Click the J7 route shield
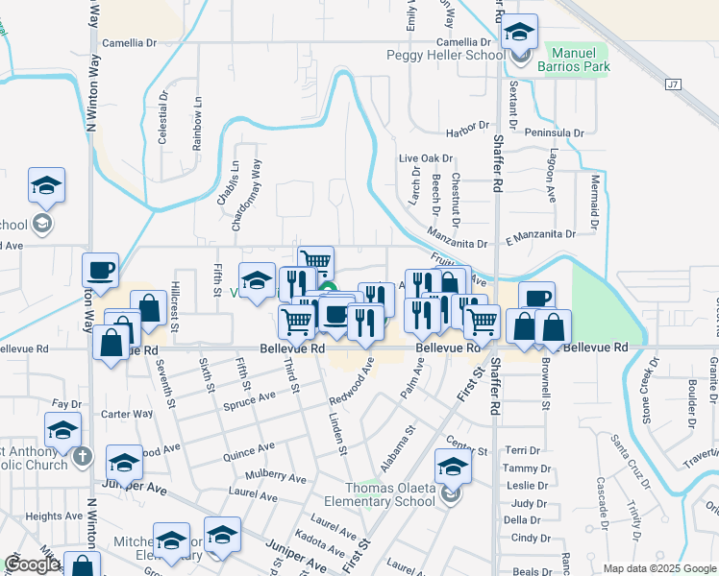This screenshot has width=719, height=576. (x=672, y=84)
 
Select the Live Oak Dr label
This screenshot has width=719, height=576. (x=426, y=157)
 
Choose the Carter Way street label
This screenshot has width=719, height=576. (x=128, y=414)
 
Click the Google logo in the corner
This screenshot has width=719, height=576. (x=32, y=564)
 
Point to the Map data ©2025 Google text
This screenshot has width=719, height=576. (x=657, y=568)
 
